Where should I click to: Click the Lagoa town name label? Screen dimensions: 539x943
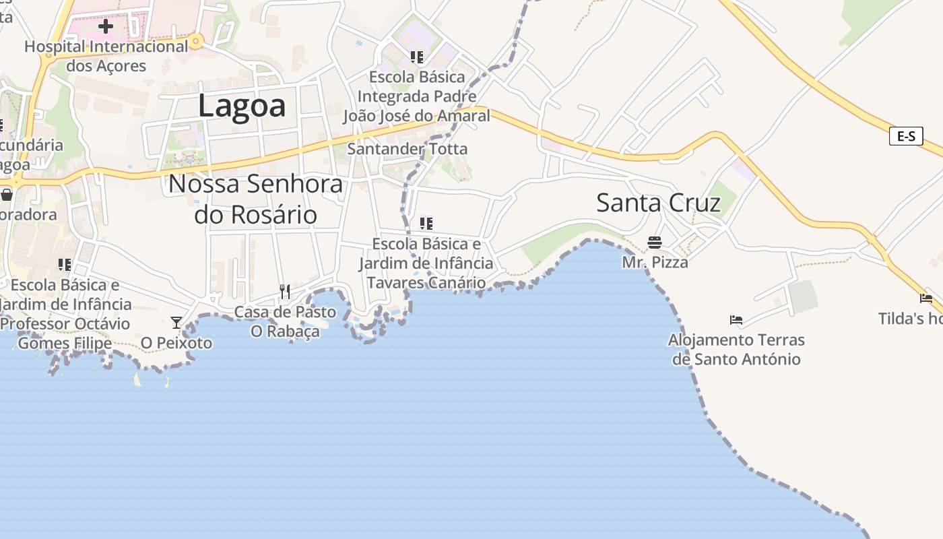point(242,106)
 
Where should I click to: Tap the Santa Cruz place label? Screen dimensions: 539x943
point(658,202)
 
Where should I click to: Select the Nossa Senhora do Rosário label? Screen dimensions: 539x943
point(255,199)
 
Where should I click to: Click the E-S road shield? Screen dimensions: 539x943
point(906,136)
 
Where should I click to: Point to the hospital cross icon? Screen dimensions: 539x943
point(106,27)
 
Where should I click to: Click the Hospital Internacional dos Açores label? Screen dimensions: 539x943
point(106,56)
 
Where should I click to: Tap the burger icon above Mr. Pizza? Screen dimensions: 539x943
point(655,242)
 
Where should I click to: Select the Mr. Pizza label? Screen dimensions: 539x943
point(655,262)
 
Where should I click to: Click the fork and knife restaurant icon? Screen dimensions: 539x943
point(285,291)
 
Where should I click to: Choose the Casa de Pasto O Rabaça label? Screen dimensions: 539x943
point(285,321)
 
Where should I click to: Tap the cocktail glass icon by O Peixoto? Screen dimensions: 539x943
point(176,323)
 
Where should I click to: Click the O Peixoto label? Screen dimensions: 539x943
point(176,343)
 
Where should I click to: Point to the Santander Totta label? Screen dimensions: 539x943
point(407,148)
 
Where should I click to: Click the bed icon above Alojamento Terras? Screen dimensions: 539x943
point(736,319)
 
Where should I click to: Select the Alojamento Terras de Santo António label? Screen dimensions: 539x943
point(736,349)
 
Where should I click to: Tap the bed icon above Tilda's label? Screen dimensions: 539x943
point(926,298)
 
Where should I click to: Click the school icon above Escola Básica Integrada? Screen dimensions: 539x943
point(417,57)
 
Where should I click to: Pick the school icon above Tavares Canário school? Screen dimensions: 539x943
point(426,223)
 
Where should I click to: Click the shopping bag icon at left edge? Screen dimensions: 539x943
point(7,195)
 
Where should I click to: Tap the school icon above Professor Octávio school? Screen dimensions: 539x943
point(65,264)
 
